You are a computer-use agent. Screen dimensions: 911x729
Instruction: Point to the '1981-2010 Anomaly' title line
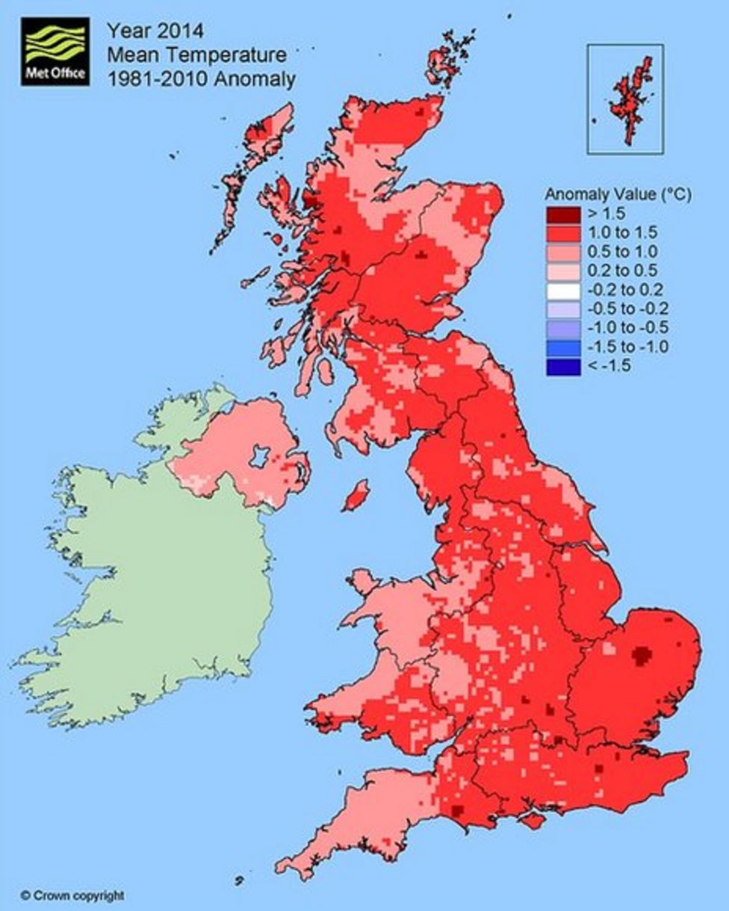[x=201, y=78]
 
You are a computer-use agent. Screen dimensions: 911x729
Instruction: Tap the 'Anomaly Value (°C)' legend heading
[x=618, y=194]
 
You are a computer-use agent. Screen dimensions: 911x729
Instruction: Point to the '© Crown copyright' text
[x=72, y=895]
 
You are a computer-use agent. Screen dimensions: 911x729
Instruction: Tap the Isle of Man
[x=355, y=496]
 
